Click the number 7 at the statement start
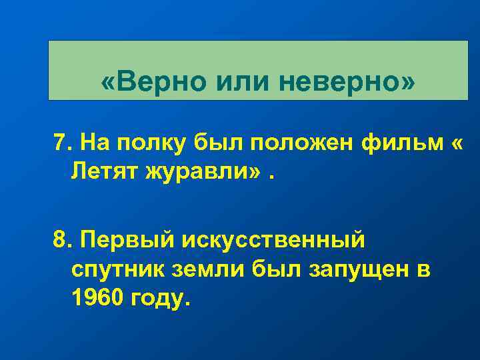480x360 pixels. tap(61, 142)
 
